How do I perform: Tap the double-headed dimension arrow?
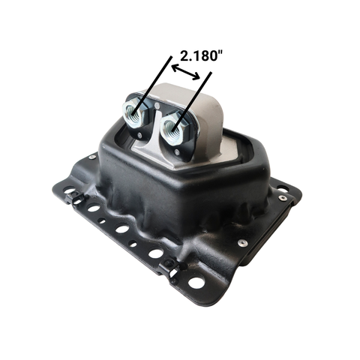pos(186,72)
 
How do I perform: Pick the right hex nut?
pos(172,128)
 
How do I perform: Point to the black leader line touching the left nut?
pos(152,86)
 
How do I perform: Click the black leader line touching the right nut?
pos(192,101)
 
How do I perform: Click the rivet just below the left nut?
pos(139,136)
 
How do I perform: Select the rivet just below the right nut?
pos(177,152)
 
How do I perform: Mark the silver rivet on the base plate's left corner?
pos(92,157)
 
